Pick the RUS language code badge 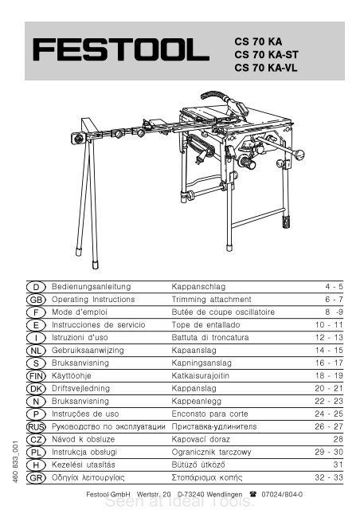click(x=35, y=426)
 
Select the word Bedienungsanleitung click(x=91, y=284)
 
